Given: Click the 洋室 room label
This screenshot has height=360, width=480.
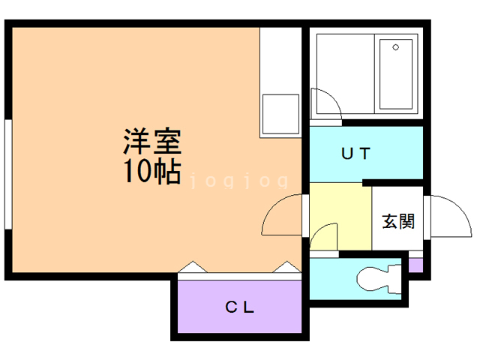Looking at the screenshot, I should coord(152,141).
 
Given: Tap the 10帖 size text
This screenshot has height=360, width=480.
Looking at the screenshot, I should coord(152,172).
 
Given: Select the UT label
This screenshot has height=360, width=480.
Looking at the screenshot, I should coord(355,154).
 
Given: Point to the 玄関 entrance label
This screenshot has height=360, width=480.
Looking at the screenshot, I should coord(397,221).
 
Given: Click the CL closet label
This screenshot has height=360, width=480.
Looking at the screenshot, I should coord(241,307).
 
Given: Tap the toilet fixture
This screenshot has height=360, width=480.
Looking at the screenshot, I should coord(379,279).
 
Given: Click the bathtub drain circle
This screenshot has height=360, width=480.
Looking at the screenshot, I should coord(396,46).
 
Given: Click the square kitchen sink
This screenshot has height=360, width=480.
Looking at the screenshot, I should coord(280,114).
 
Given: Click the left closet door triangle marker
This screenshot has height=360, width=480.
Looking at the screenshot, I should coord(190,268).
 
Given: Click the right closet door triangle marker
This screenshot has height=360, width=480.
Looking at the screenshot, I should coord(288,268).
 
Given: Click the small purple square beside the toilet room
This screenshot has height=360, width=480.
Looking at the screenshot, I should coord(415,265).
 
